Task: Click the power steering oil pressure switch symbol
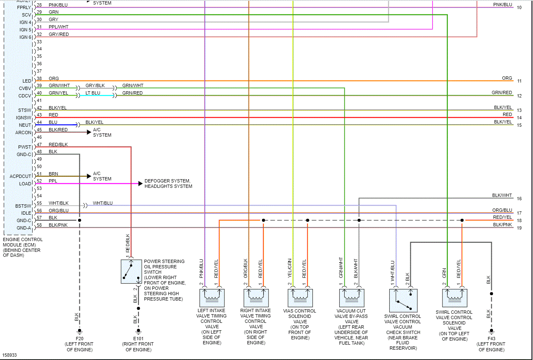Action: (131, 271)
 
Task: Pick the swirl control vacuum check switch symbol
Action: (403, 300)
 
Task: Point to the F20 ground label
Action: (79, 339)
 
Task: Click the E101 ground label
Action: (138, 339)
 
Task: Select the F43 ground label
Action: (491, 339)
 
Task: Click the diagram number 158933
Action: (10, 355)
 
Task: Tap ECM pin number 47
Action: (39, 145)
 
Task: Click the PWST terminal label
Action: (25, 147)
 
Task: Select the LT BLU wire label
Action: (93, 93)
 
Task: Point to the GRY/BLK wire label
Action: (95, 85)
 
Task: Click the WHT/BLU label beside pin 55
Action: (102, 203)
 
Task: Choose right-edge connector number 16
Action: (519, 199)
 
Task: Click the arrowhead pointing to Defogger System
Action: (140, 184)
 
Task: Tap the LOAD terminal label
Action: (25, 184)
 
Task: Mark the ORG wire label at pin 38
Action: (54, 78)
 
